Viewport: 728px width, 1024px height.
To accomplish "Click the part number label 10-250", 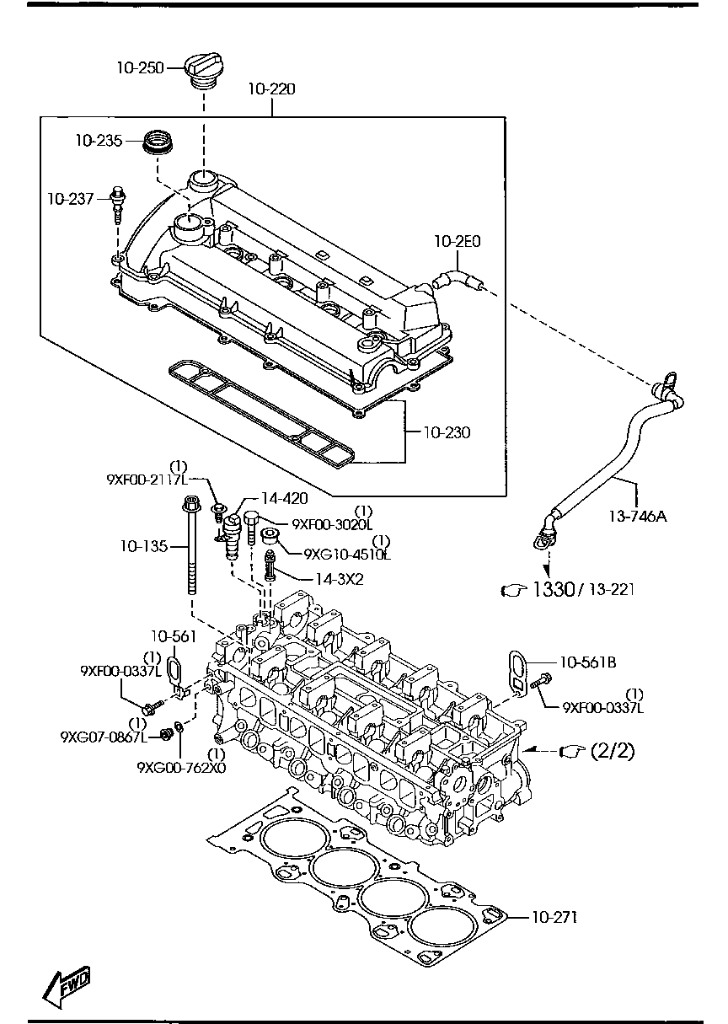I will click(140, 67).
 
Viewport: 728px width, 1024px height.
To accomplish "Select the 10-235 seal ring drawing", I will click(156, 142).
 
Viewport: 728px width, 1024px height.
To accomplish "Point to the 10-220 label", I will click(271, 88).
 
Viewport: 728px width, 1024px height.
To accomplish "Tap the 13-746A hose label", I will click(637, 517).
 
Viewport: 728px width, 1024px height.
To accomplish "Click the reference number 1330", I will click(552, 591).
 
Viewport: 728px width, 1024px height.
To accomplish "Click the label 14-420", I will click(284, 499).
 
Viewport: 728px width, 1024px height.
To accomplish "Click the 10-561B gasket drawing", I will click(516, 674).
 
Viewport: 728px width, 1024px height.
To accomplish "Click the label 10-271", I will click(554, 917).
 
